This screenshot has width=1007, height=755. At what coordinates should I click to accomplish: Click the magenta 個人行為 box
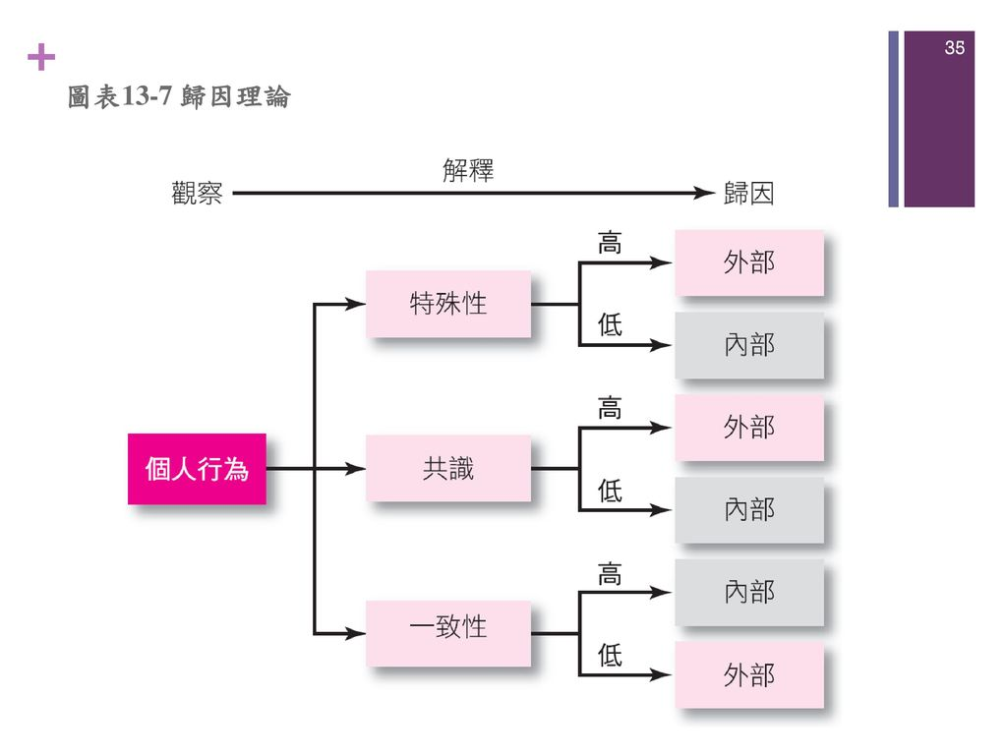click(197, 469)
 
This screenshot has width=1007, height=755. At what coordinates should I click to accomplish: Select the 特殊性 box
click(448, 304)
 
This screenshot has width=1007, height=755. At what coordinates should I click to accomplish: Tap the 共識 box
click(448, 469)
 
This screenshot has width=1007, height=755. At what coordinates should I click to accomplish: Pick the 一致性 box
click(448, 625)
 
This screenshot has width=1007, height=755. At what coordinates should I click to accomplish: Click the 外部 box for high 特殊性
click(749, 262)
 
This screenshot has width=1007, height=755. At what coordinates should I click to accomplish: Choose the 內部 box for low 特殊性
click(749, 345)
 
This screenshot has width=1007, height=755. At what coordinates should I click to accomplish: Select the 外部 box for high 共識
click(749, 428)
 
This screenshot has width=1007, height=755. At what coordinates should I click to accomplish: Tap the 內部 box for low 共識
click(749, 509)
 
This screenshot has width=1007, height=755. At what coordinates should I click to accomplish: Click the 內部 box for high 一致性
click(749, 592)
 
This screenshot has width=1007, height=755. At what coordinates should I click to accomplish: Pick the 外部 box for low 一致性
click(749, 675)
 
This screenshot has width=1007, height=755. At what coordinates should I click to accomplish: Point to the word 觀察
click(197, 195)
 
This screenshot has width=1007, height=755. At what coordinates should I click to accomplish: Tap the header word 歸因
click(748, 195)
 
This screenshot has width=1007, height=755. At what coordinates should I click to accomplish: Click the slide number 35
click(954, 47)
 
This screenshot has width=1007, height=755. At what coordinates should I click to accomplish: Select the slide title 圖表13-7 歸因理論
click(179, 97)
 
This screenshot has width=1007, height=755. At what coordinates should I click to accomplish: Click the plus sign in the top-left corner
click(42, 59)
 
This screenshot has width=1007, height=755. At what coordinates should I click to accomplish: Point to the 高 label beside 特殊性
click(610, 244)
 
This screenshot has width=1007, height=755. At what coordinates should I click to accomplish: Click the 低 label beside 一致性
click(610, 656)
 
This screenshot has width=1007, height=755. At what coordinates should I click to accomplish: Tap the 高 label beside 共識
click(610, 408)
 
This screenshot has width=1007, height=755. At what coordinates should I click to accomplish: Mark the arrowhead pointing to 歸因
click(700, 195)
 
